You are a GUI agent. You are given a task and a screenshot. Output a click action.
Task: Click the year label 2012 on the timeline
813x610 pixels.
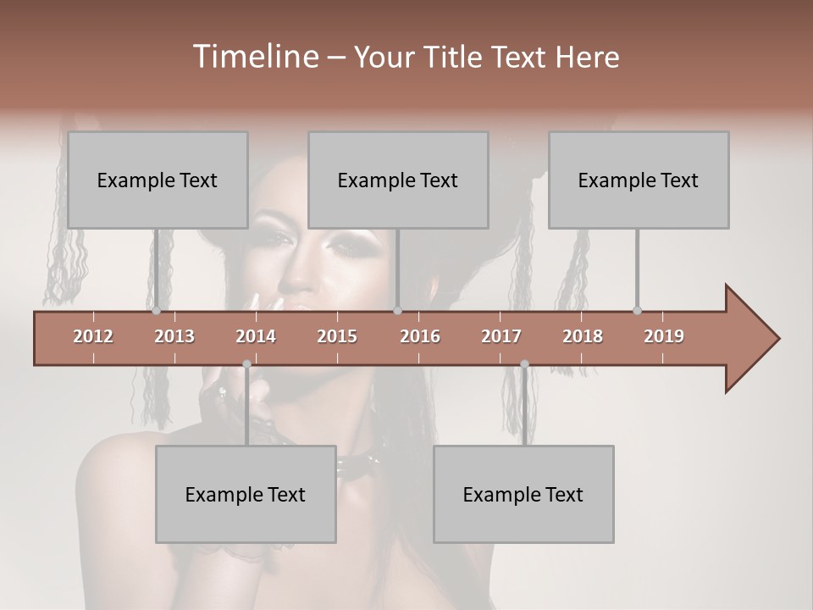(93, 336)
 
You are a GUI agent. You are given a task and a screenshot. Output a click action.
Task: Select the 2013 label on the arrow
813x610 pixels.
(174, 336)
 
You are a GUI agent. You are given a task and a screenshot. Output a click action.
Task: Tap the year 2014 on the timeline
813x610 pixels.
(256, 336)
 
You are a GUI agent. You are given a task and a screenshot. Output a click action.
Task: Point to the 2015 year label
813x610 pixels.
(337, 336)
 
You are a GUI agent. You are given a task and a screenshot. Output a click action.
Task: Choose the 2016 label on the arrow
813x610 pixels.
(420, 336)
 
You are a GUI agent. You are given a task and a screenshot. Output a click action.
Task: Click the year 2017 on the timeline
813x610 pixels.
(501, 336)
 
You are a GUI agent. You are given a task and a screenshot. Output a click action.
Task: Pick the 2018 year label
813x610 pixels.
(583, 336)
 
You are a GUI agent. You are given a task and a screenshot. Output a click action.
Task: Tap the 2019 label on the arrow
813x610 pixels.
(664, 336)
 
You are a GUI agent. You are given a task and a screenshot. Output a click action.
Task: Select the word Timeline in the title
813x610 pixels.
(254, 57)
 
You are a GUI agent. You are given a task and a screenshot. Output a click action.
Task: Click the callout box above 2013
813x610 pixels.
(158, 180)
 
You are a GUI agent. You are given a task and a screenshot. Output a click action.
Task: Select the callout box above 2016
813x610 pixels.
(398, 180)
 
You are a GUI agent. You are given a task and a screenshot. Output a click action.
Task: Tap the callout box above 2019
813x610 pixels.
(639, 180)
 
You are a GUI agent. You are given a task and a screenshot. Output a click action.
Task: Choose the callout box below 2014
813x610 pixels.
(246, 494)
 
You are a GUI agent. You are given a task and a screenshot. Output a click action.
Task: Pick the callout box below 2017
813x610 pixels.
(523, 494)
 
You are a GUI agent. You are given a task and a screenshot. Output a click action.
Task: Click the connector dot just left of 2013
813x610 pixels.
(157, 311)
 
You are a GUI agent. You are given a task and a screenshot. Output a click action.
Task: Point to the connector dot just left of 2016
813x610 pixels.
(397, 311)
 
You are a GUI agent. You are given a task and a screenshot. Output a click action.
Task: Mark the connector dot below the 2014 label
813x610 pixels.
(246, 363)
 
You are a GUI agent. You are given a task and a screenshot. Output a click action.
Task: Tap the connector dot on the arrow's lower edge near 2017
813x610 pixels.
(524, 363)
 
